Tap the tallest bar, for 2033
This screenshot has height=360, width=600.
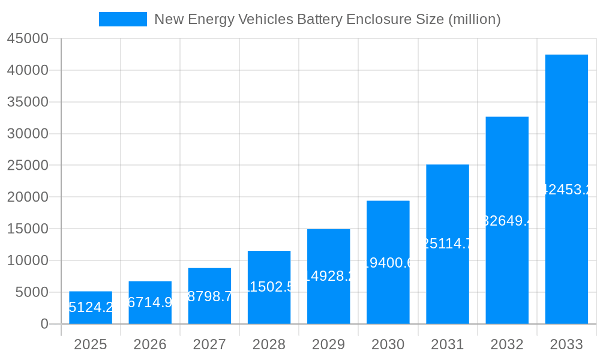pyautogui.click(x=566, y=189)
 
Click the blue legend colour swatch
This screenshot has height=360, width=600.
pyautogui.click(x=122, y=19)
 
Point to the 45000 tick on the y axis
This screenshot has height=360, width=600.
pyautogui.click(x=28, y=39)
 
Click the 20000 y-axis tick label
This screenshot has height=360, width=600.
pyautogui.click(x=28, y=197)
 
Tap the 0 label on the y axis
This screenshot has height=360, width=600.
pyautogui.click(x=44, y=324)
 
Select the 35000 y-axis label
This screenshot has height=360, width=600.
pyautogui.click(x=28, y=102)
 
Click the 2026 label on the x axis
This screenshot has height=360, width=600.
pyautogui.click(x=150, y=344)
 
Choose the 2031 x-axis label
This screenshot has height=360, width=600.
pyautogui.click(x=448, y=344)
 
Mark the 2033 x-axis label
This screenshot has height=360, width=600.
pyautogui.click(x=566, y=344)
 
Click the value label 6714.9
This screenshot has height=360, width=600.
pyautogui.click(x=150, y=302)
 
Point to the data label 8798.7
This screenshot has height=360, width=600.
pyautogui.click(x=209, y=296)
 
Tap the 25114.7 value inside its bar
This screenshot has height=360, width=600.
pyautogui.click(x=448, y=244)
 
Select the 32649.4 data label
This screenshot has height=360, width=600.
pyautogui.click(x=507, y=221)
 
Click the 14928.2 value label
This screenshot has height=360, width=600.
pyautogui.click(x=328, y=276)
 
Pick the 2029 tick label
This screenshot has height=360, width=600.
pyautogui.click(x=328, y=344)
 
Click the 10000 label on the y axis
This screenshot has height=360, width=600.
pyautogui.click(x=28, y=260)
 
